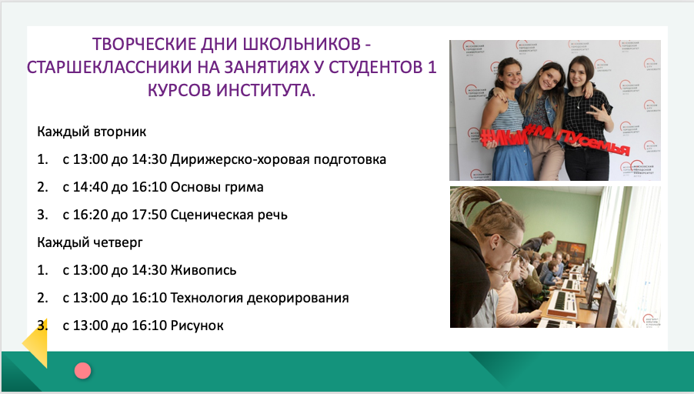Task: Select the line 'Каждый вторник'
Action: point(92,132)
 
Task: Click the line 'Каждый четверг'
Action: point(90,242)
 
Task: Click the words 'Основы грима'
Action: point(217,187)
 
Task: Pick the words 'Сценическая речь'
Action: point(229,215)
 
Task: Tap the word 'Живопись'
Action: point(204,270)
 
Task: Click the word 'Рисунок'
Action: point(197,326)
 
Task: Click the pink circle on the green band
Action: point(83,371)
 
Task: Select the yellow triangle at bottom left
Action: point(38,343)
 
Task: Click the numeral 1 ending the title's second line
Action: point(432,67)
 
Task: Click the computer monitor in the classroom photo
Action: point(607,305)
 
